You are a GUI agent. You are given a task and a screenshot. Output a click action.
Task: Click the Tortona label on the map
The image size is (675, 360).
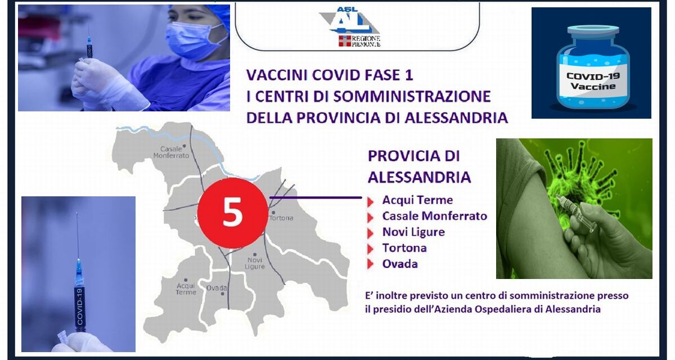pyautogui.click(x=281, y=218)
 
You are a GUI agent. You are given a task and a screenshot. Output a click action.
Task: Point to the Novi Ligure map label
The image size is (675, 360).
pyautogui.click(x=255, y=263)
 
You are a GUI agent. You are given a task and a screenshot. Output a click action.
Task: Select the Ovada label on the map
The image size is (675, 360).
pyautogui.click(x=217, y=288)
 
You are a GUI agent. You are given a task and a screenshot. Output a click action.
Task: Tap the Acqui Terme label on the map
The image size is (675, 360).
pyautogui.click(x=186, y=289)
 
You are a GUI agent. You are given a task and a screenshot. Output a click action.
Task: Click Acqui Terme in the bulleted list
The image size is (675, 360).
pyautogui.click(x=417, y=200)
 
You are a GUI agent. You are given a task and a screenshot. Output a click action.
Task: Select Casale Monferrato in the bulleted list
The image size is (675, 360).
pyautogui.click(x=434, y=215)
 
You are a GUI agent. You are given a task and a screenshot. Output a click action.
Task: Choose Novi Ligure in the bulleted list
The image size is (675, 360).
pyautogui.click(x=413, y=232)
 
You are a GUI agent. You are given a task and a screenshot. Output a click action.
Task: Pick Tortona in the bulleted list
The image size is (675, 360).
pyautogui.click(x=404, y=247)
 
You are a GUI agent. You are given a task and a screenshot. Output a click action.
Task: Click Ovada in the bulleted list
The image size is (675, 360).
pyautogui.click(x=400, y=263)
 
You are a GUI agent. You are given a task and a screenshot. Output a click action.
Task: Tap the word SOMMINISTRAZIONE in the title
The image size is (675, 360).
pyautogui.click(x=412, y=96)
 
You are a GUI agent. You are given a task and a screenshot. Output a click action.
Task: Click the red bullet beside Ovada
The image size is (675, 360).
pyautogui.click(x=370, y=264)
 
